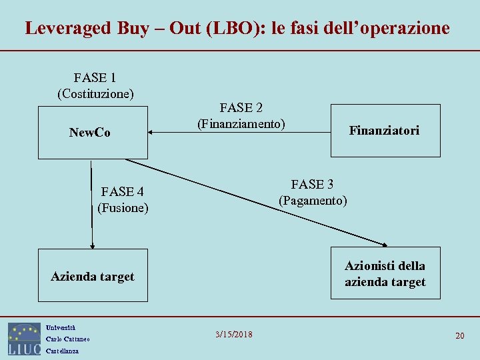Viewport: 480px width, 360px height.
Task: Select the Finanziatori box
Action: [385, 131]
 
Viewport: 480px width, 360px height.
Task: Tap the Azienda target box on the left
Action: [93, 276]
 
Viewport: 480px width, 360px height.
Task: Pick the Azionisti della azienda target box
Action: [385, 274]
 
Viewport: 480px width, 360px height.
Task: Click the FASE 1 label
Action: [96, 78]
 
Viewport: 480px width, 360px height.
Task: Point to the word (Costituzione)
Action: [96, 93]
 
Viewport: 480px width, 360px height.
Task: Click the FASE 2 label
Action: [241, 107]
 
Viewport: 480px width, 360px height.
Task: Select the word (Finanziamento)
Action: [241, 123]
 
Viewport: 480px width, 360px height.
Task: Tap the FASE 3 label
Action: [313, 184]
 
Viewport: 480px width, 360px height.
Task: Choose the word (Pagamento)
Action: [313, 200]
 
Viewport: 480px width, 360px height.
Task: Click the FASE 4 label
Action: [123, 192]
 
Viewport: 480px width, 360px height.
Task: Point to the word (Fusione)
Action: [123, 208]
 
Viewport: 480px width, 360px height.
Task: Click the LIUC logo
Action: [25, 339]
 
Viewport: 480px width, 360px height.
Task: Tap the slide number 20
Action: [459, 335]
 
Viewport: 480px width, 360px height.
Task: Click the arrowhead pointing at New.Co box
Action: [151, 133]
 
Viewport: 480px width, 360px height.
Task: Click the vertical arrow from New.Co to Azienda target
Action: [92, 203]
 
